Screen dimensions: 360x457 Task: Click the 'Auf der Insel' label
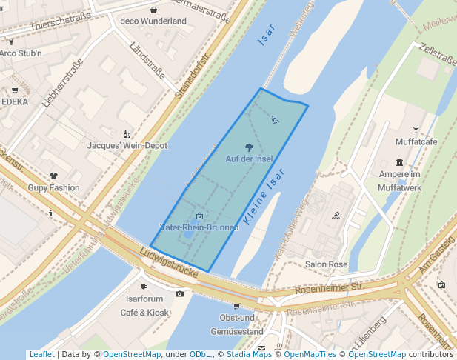[x=248, y=159]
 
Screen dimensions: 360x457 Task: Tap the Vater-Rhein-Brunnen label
[x=199, y=227]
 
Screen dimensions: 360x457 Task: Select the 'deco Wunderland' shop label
[x=153, y=21]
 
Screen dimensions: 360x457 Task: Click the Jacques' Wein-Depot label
[x=127, y=146]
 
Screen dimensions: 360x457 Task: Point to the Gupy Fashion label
[x=53, y=188]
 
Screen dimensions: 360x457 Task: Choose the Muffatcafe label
[x=416, y=141]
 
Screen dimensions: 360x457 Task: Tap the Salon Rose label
[x=326, y=264]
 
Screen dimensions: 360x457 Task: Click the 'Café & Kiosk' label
[x=144, y=313]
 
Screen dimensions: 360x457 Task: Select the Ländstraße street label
[x=146, y=61]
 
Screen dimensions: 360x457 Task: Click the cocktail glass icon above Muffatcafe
[x=416, y=130]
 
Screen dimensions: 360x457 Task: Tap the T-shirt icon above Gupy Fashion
[x=53, y=176]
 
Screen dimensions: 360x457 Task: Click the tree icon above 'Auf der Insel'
[x=248, y=147]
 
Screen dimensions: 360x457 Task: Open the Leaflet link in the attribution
[x=41, y=355]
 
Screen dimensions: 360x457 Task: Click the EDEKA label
[x=15, y=101]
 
